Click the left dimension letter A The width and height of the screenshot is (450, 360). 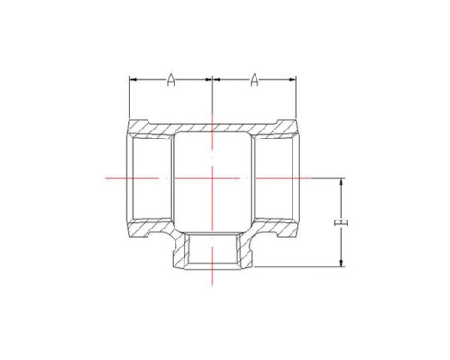[171, 79]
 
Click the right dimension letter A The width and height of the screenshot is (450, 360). [255, 79]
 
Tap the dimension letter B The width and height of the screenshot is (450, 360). [341, 222]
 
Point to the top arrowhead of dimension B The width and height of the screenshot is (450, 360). [341, 181]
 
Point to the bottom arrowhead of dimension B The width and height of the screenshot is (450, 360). [341, 264]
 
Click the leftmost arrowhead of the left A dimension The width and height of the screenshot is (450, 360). [132, 79]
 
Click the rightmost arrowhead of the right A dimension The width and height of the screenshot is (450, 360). [292, 79]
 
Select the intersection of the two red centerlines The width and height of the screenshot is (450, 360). [212, 178]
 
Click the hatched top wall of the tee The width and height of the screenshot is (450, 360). [212, 128]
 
